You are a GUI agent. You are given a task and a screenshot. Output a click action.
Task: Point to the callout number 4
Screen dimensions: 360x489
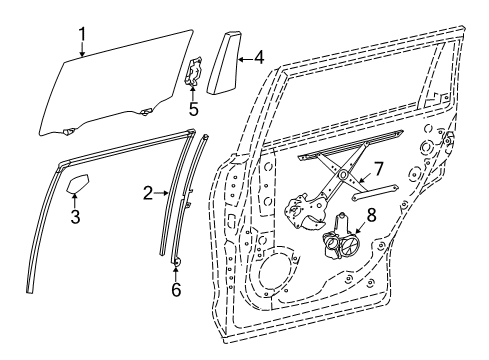tap(258, 58)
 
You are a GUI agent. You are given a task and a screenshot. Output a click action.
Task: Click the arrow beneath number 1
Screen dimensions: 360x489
tap(83, 47)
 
